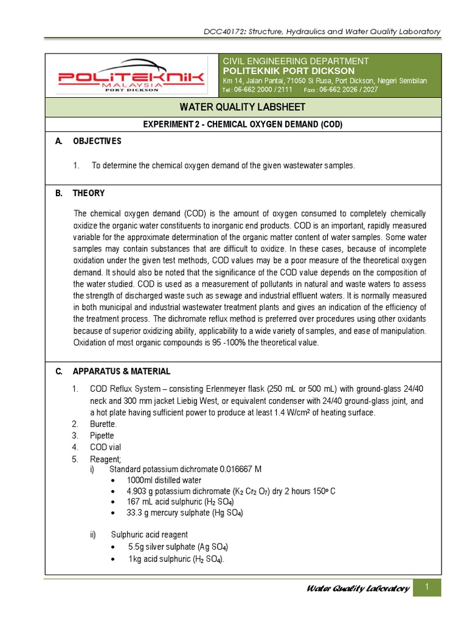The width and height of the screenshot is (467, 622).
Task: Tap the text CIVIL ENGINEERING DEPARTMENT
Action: pos(296,61)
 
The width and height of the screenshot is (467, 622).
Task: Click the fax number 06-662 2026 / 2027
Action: pos(348,90)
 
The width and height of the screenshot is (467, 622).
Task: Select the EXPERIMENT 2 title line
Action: pos(243,125)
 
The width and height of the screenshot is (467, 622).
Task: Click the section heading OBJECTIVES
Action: pos(97,142)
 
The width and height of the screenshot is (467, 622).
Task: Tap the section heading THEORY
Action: pos(89,193)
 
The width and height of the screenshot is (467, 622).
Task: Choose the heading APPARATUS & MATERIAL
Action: pos(122,371)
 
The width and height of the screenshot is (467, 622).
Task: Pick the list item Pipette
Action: pos(102,436)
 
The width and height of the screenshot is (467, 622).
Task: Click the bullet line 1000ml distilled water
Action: pos(164,480)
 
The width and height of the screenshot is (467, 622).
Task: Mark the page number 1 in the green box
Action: pos(427,587)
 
